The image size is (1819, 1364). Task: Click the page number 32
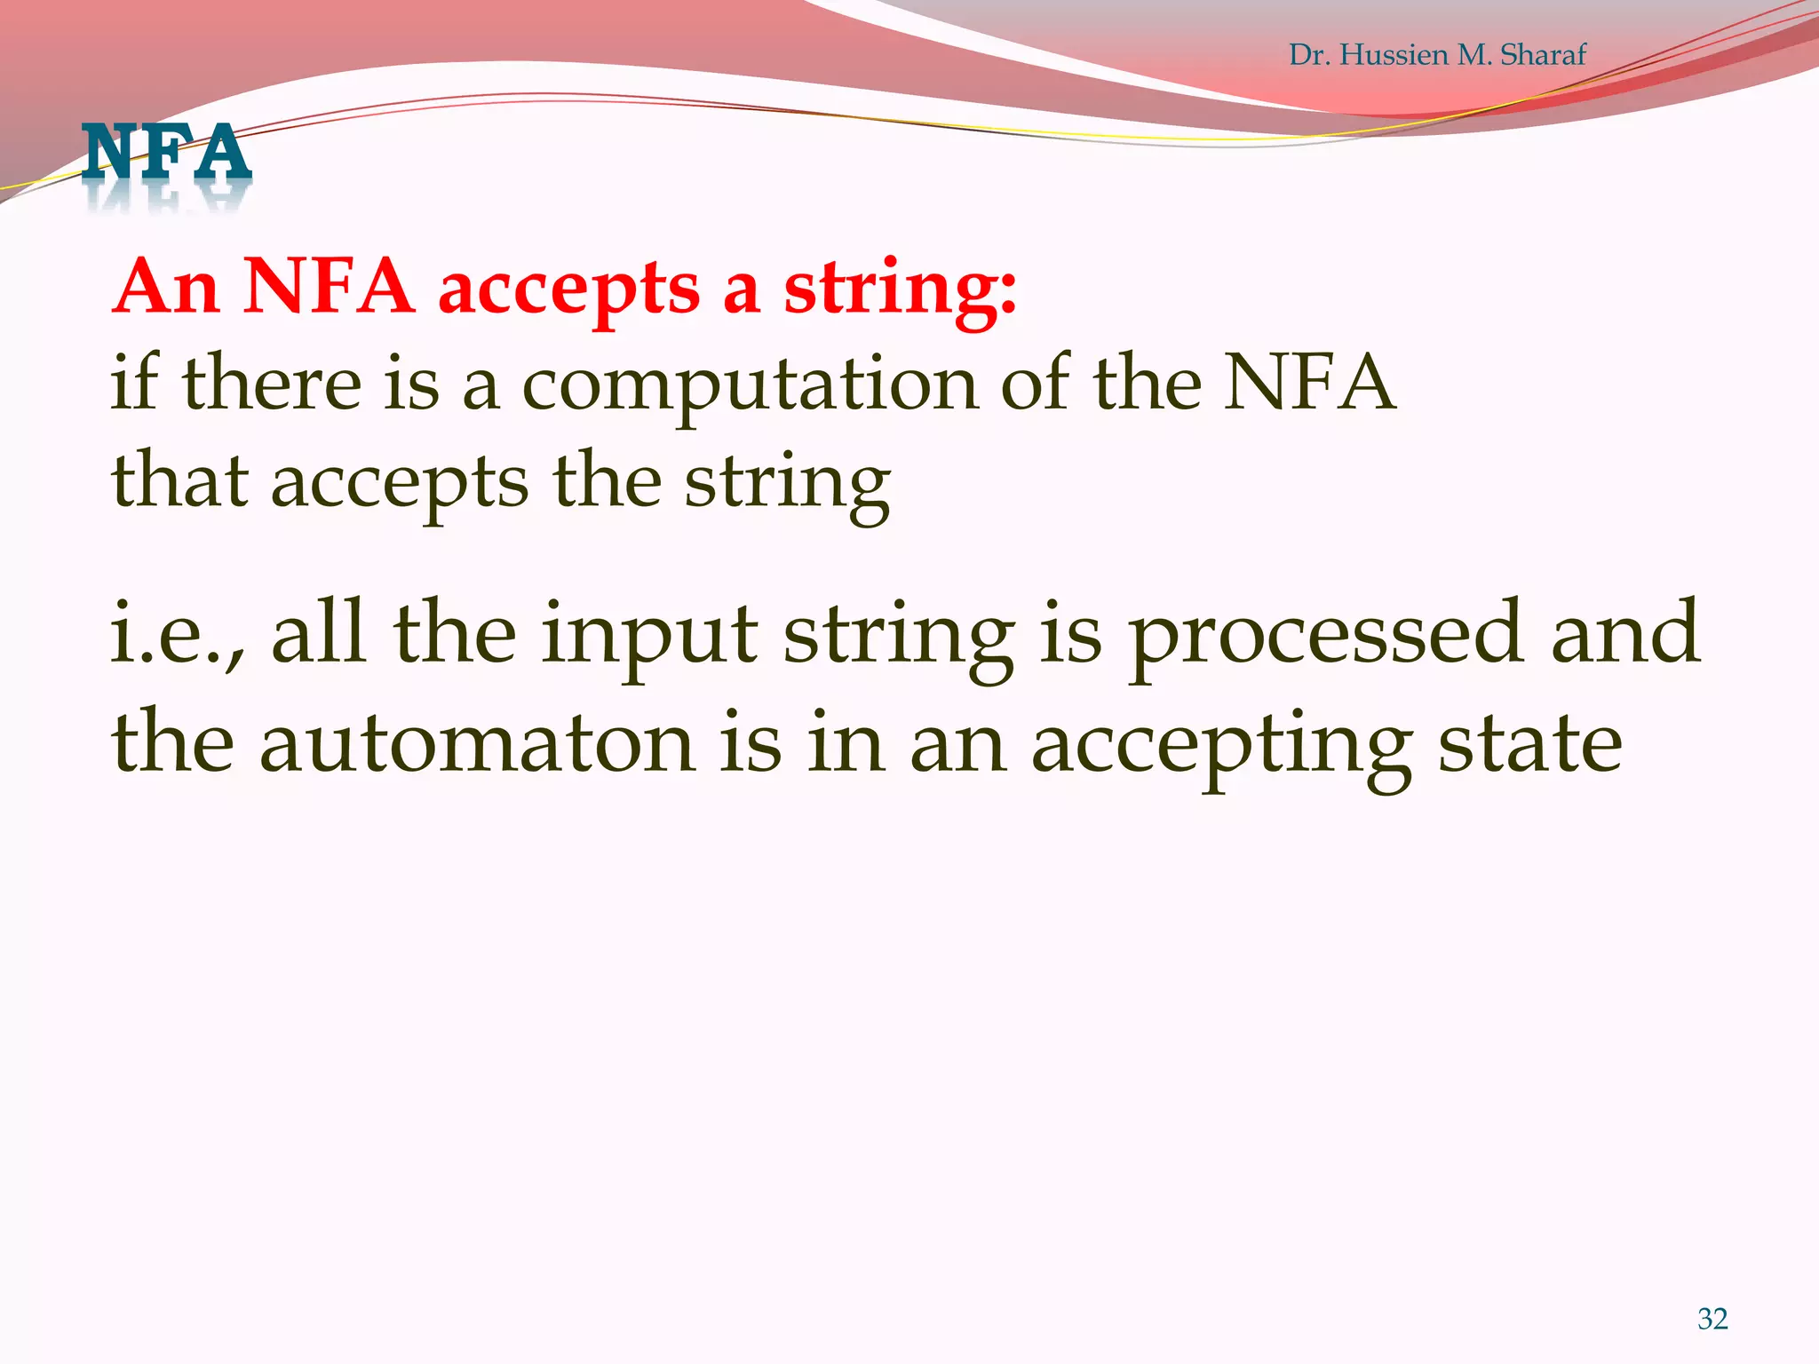1712,1319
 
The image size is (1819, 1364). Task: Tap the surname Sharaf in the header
1542,55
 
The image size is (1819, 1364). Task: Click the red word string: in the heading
899,289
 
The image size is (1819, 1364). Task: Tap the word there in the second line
272,384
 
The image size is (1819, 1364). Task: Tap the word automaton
477,744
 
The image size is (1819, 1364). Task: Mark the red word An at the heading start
167,288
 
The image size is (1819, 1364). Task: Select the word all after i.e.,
318,632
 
